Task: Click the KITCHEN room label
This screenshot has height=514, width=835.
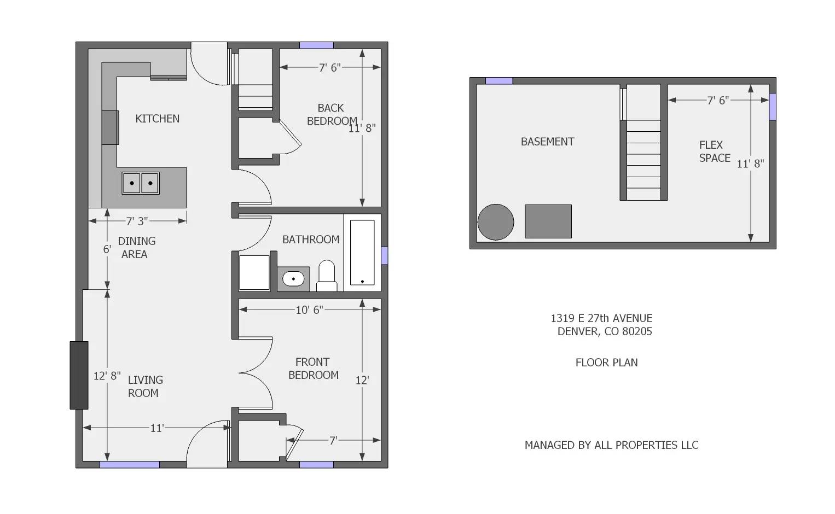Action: click(x=157, y=119)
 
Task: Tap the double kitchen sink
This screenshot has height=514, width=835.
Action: click(x=141, y=183)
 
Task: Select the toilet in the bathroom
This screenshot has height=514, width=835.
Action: click(x=326, y=276)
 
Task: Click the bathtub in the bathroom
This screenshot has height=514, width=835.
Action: click(x=362, y=253)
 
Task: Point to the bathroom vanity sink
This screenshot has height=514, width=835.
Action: click(x=293, y=279)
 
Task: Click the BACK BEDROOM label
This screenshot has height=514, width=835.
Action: click(x=332, y=114)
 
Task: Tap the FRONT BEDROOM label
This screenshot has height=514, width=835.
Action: click(x=313, y=369)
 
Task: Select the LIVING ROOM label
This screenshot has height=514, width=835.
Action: click(x=144, y=386)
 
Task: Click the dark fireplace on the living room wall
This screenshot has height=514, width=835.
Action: click(x=79, y=375)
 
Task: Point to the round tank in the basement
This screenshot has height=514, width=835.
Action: click(x=496, y=223)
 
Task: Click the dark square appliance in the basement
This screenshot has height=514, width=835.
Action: click(x=548, y=221)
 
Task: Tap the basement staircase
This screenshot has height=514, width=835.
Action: click(x=643, y=159)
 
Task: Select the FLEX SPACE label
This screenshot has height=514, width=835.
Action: click(x=714, y=151)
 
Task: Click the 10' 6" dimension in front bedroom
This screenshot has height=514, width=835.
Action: click(x=309, y=310)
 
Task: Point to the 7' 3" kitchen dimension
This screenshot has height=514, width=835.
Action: click(x=137, y=221)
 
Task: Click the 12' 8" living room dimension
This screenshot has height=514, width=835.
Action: click(x=107, y=376)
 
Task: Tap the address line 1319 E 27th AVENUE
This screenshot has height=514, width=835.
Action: click(x=601, y=318)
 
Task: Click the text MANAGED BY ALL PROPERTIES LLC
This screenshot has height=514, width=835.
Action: click(x=611, y=445)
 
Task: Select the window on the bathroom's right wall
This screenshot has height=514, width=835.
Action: click(x=384, y=255)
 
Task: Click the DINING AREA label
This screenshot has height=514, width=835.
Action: click(x=136, y=248)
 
